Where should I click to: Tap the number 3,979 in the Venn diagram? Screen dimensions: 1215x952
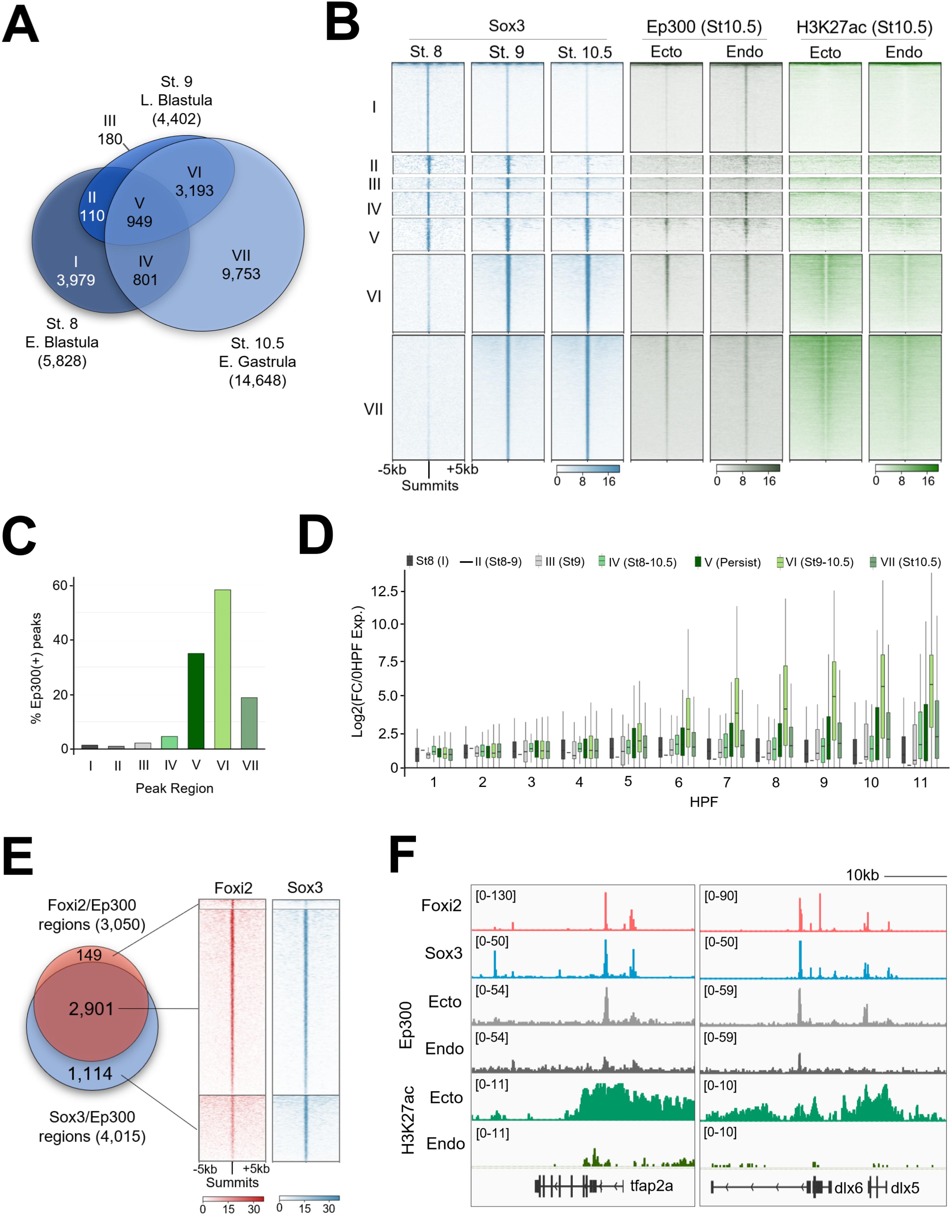76,280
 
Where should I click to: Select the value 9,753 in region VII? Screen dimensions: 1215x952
241,274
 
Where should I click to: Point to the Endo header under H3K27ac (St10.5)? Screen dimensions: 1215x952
904,52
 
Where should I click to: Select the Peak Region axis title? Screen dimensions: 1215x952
174,788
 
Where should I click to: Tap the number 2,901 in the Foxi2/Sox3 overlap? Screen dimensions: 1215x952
91,1009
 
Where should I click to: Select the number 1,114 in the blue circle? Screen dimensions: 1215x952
90,1073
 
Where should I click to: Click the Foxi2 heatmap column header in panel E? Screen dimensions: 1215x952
233,888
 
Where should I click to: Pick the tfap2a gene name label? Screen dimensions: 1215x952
652,1185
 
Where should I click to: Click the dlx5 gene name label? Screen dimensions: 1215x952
905,1188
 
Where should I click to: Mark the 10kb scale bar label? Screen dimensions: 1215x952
862,876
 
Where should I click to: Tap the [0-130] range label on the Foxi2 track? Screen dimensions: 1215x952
496,896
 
